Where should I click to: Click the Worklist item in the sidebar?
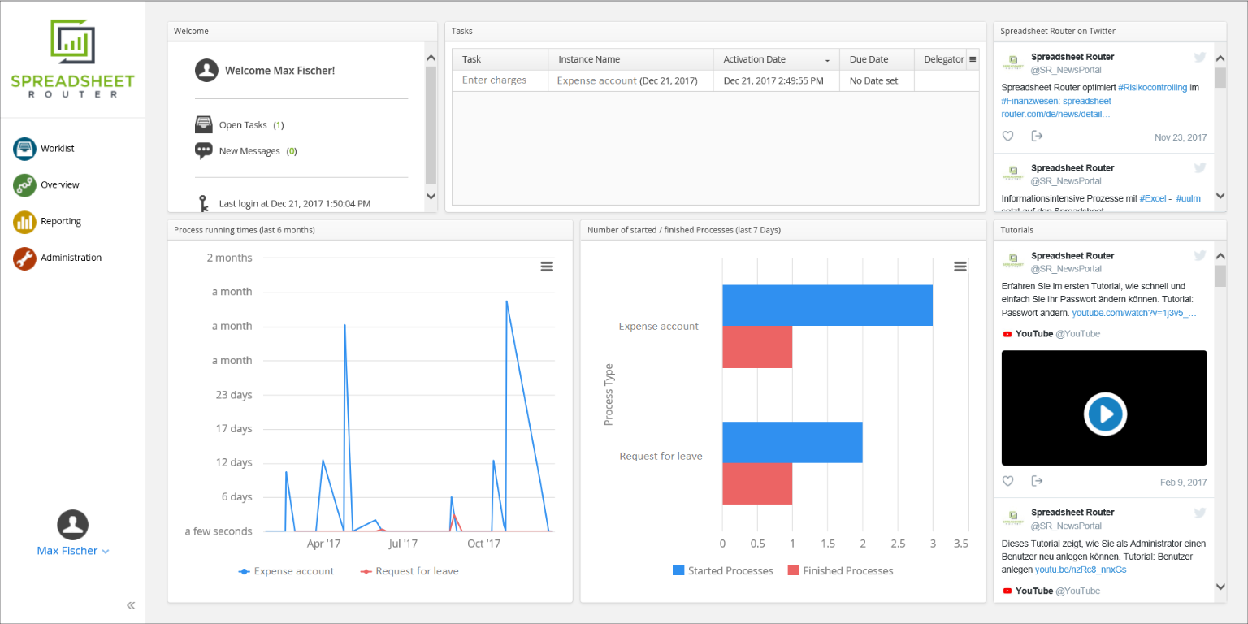point(57,149)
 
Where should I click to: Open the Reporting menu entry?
point(60,221)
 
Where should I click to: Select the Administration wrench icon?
point(24,258)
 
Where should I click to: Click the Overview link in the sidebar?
point(59,184)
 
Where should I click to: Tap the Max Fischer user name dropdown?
point(72,551)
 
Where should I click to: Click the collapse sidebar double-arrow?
point(131,605)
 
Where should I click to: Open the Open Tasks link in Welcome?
point(243,125)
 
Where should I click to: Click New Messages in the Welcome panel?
point(249,151)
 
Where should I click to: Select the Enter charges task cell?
point(494,80)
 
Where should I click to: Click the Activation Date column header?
point(755,59)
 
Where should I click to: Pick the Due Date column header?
point(869,59)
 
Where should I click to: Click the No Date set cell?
point(873,80)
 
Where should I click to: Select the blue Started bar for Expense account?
point(827,305)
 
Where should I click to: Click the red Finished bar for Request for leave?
point(757,483)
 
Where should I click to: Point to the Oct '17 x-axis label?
point(483,544)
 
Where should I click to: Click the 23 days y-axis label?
point(233,395)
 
